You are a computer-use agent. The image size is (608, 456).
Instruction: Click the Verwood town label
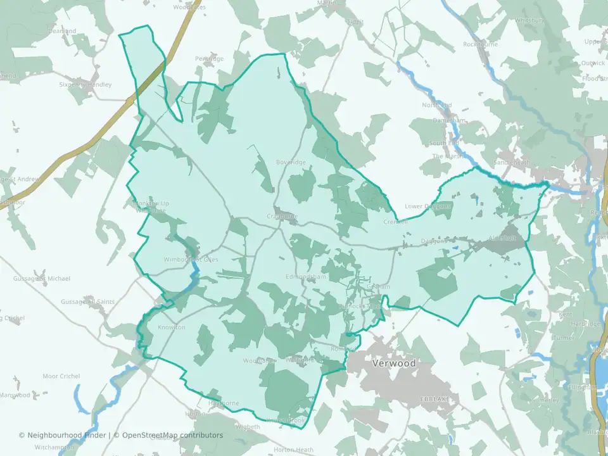click(394, 364)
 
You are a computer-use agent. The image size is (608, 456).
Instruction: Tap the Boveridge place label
click(291, 163)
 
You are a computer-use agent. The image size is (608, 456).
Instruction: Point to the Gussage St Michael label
click(42, 279)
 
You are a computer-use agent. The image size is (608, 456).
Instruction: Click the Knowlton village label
click(171, 327)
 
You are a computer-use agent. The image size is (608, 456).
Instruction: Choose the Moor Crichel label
click(61, 376)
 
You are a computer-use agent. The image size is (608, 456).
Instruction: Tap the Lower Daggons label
click(428, 206)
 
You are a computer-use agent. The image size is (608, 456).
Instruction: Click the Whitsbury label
click(530, 20)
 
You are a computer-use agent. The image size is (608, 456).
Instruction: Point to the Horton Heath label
click(293, 450)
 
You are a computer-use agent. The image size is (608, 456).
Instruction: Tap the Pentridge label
click(210, 59)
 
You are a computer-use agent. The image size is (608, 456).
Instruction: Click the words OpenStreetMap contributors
click(173, 435)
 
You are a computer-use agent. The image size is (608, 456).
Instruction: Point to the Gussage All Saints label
click(88, 302)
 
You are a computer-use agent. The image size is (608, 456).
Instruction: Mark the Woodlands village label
click(260, 361)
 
